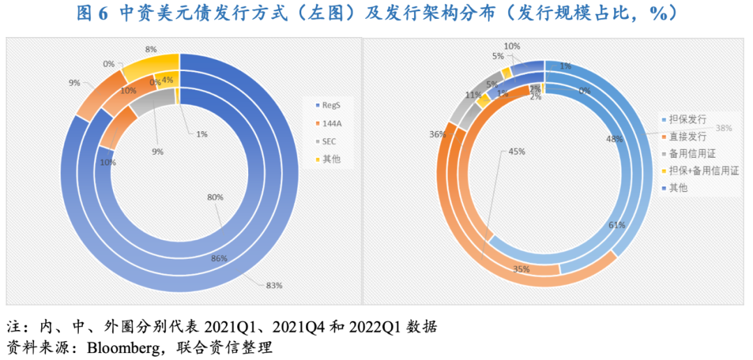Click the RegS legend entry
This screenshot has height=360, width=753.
[330, 105]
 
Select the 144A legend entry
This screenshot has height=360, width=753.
[330, 123]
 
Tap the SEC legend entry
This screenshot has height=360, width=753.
[328, 142]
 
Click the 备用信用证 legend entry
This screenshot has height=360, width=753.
[687, 153]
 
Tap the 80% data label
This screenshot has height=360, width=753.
[215, 197]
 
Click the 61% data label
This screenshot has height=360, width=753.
[616, 225]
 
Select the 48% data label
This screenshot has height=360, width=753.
[614, 139]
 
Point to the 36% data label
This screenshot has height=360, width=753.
[437, 135]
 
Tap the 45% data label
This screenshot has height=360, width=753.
[517, 151]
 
